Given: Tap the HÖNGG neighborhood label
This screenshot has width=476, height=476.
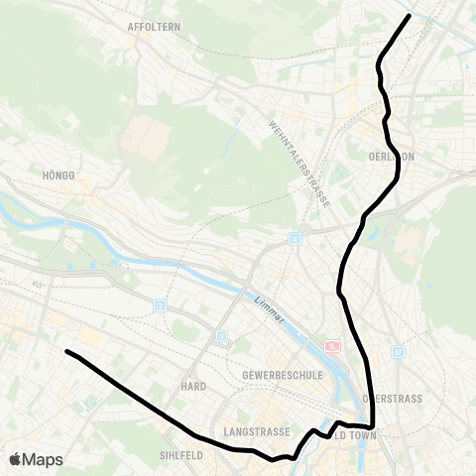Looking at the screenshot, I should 59,176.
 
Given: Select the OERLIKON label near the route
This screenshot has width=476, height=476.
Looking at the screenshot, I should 391,157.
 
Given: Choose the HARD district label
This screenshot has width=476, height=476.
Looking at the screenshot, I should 192,384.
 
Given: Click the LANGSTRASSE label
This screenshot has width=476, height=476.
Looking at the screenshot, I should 257,432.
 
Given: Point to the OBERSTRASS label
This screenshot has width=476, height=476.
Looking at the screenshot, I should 395,399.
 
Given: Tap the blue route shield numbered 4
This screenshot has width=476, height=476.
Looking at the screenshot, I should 295,239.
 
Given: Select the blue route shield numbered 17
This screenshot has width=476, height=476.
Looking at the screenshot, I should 399,350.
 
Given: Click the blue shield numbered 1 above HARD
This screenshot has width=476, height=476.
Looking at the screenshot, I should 222,337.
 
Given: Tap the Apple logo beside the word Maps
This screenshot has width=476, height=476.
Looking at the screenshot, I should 16,459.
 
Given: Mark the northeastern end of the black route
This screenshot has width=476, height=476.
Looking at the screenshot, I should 409,15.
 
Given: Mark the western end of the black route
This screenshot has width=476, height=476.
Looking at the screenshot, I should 66,351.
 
